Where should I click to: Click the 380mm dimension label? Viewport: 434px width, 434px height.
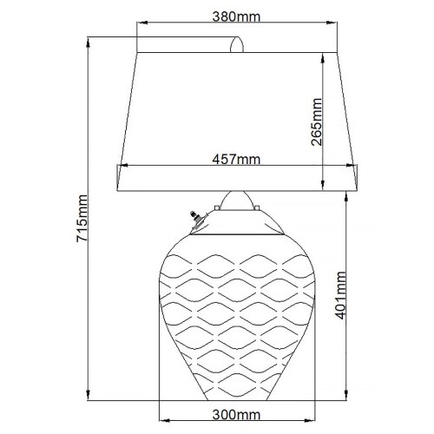point(236,16)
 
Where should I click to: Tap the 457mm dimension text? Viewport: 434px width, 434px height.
point(236,159)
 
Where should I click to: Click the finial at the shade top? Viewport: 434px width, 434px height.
point(236,43)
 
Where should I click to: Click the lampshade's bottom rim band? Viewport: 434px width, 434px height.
point(236,179)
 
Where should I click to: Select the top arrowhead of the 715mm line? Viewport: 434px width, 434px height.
point(90,39)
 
